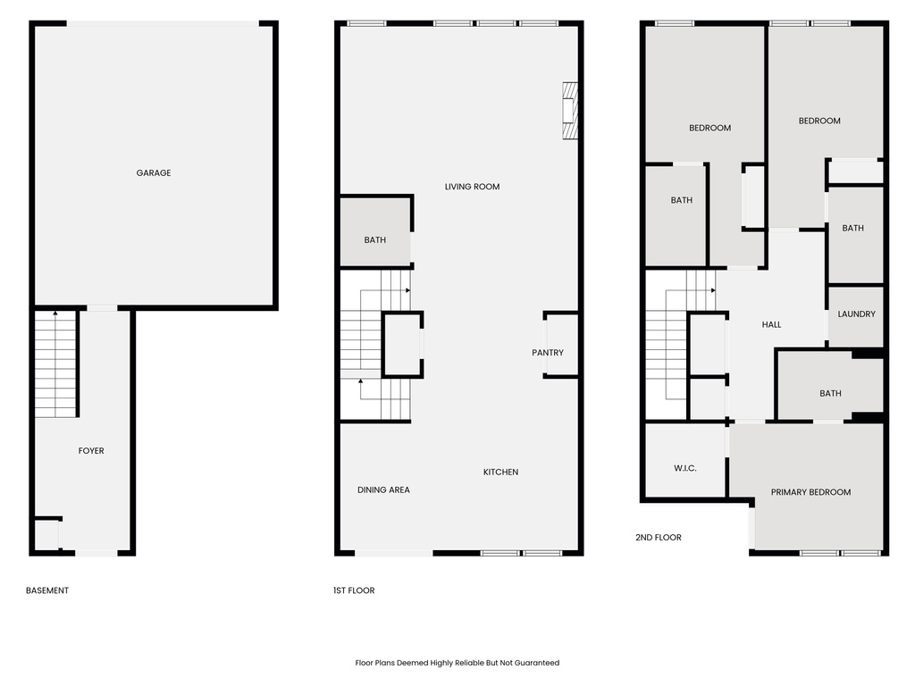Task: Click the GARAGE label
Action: pyautogui.click(x=154, y=173)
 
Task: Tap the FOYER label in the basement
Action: pyautogui.click(x=91, y=451)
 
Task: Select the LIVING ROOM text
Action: pyautogui.click(x=472, y=187)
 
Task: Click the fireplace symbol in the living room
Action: pyautogui.click(x=569, y=111)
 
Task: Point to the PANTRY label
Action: pyautogui.click(x=548, y=353)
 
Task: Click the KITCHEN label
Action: pyautogui.click(x=500, y=473)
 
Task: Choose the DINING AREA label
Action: pyautogui.click(x=383, y=490)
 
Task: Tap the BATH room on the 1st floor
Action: pyautogui.click(x=375, y=240)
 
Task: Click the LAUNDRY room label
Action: pyautogui.click(x=856, y=314)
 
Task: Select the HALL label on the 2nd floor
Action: pyautogui.click(x=771, y=324)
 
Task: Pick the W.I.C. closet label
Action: pyautogui.click(x=685, y=469)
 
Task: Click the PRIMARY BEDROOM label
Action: pyautogui.click(x=810, y=492)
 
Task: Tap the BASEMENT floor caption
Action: pyautogui.click(x=47, y=590)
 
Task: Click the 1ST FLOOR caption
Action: pyautogui.click(x=353, y=590)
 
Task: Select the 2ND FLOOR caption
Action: pyautogui.click(x=659, y=538)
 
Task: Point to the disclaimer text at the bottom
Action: pyautogui.click(x=457, y=663)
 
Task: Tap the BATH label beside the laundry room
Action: pyautogui.click(x=853, y=229)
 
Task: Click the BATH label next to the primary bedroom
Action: pyautogui.click(x=830, y=394)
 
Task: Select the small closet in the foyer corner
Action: pyautogui.click(x=46, y=536)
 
